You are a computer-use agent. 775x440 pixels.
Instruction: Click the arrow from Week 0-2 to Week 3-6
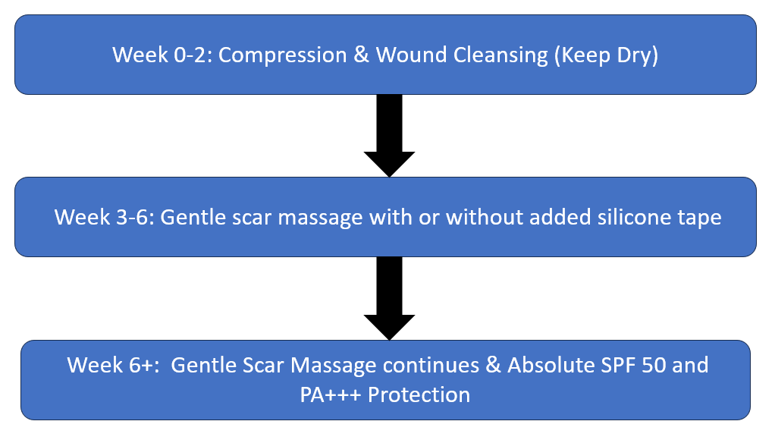pos(389,135)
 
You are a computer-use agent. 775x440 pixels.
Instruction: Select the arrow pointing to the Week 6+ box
pos(389,298)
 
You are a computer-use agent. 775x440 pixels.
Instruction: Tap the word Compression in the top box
pos(282,55)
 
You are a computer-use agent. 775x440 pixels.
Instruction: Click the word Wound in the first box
pos(411,55)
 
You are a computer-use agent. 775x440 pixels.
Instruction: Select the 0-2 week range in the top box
pos(193,55)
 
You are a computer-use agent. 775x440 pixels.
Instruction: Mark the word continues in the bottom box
pos(431,366)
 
